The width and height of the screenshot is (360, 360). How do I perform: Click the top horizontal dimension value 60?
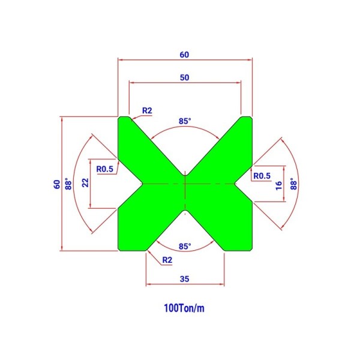click(184, 55)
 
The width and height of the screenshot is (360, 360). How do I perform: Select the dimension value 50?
click(185, 77)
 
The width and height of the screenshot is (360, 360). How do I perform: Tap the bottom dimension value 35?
click(185, 279)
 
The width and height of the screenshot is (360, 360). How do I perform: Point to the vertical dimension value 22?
click(85, 183)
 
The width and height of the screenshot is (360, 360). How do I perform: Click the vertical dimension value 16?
click(279, 185)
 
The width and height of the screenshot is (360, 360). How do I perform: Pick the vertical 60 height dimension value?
click(57, 184)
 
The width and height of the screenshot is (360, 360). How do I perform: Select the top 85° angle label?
click(185, 121)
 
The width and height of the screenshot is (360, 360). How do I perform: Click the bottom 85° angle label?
click(185, 247)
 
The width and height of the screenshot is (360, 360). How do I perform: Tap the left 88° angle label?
click(68, 184)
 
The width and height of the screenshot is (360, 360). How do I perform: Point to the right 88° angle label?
click(293, 184)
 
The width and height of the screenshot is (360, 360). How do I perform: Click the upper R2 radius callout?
click(147, 110)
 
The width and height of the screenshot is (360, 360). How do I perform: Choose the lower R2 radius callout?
click(167, 260)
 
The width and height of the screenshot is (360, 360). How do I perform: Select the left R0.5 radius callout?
click(104, 169)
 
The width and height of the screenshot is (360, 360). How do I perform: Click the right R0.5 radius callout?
click(262, 176)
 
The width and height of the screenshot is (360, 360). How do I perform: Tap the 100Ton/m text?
click(184, 308)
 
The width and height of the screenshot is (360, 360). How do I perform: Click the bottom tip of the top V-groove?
click(185, 175)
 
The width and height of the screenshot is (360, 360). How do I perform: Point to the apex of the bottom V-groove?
click(185, 210)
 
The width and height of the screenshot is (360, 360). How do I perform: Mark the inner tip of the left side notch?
click(143, 184)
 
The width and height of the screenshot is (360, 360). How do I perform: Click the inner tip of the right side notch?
click(235, 184)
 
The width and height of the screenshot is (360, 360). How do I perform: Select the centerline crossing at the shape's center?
click(185, 184)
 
